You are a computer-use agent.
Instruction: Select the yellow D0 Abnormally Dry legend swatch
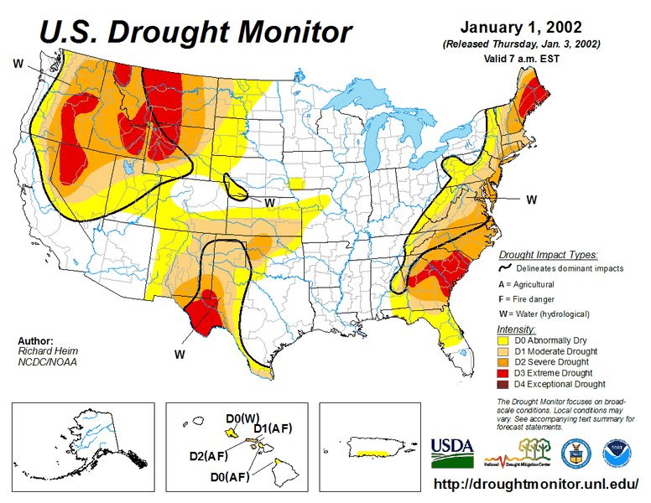(505, 340)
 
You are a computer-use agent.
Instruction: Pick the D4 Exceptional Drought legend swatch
(505, 384)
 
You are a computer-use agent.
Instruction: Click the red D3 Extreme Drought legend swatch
(505, 373)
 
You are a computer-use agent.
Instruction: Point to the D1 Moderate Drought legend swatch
(505, 351)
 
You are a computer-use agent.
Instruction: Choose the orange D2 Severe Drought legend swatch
(505, 362)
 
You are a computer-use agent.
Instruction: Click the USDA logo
(452, 452)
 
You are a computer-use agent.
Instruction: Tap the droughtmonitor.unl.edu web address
(538, 485)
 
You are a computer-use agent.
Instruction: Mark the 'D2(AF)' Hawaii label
(209, 457)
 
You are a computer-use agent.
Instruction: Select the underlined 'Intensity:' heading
(516, 329)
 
